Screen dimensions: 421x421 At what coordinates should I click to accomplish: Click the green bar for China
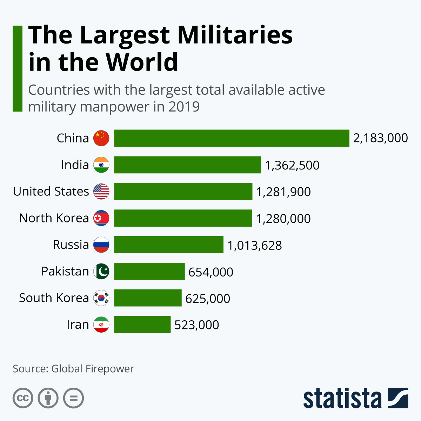tap(232, 138)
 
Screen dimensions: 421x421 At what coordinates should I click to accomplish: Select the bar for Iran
tap(142, 325)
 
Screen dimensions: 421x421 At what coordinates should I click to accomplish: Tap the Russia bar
tap(169, 245)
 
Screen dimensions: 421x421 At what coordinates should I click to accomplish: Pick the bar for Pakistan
tap(149, 271)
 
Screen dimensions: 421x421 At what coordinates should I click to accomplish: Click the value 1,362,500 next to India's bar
tap(292, 165)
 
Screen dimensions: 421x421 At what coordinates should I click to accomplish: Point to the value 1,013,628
tap(255, 245)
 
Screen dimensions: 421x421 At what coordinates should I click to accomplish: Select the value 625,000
tap(208, 299)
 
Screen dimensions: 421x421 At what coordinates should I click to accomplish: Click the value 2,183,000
tap(380, 138)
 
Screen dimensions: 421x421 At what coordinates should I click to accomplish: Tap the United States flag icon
tap(101, 192)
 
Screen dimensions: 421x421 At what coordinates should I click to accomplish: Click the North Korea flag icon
tap(101, 218)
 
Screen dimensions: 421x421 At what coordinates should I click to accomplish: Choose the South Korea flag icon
tap(101, 298)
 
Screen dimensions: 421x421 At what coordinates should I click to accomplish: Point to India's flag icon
tap(101, 165)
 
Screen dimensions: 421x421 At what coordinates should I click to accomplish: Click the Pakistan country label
tap(65, 271)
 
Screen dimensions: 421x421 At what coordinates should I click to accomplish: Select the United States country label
tap(51, 192)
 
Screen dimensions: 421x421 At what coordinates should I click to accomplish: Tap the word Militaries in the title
tap(235, 35)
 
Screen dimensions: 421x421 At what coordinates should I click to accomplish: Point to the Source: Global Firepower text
tap(73, 369)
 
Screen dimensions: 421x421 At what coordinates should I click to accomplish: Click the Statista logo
tap(355, 398)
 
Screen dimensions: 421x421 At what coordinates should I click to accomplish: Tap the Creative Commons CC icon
tap(23, 398)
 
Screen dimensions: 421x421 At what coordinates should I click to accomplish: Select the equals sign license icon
tap(74, 398)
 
